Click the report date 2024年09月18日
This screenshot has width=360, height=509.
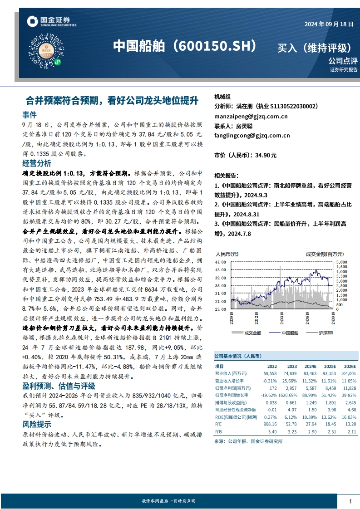[328, 24]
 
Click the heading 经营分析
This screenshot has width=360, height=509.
[36, 163]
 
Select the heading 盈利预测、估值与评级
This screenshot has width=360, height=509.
[59, 386]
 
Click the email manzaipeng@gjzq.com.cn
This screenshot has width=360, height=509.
[251, 116]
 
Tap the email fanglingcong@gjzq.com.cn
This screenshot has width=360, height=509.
[252, 135]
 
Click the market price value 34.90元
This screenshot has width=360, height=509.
[266, 155]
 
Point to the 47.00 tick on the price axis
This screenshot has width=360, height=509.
[220, 262]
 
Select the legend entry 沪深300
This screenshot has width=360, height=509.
[324, 333]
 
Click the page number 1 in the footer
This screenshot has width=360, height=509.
[350, 501]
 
